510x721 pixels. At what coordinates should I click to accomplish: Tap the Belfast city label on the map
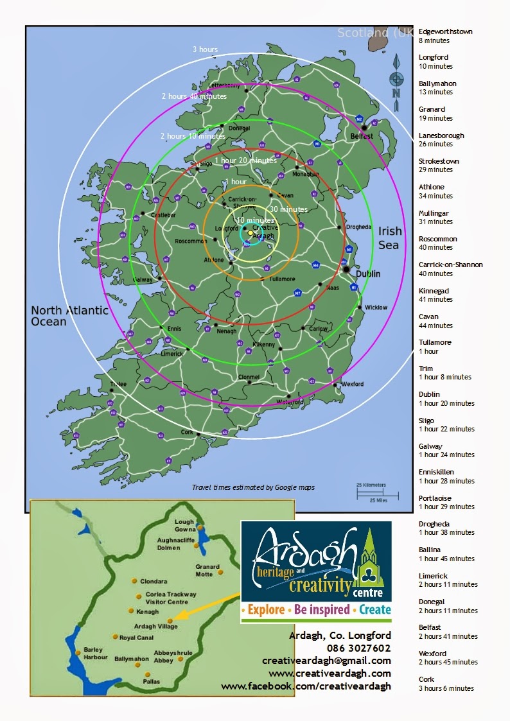[x=362, y=136]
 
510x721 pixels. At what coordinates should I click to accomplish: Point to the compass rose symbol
[x=396, y=80]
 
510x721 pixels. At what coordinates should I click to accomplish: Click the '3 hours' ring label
[x=205, y=49]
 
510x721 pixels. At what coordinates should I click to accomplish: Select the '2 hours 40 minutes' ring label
[x=193, y=96]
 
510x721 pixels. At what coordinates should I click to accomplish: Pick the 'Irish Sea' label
[x=389, y=238]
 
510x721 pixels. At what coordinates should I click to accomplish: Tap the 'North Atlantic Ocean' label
[x=69, y=315]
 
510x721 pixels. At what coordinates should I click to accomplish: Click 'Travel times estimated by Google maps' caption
[x=253, y=487]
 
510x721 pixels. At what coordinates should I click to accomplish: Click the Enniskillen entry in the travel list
[x=436, y=472]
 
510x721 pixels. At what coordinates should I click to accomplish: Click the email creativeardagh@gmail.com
[x=326, y=660]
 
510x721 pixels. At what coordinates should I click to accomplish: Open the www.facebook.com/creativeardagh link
[x=306, y=686]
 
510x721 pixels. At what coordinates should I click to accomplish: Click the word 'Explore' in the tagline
[x=266, y=609]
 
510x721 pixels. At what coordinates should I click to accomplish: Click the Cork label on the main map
[x=187, y=433]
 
